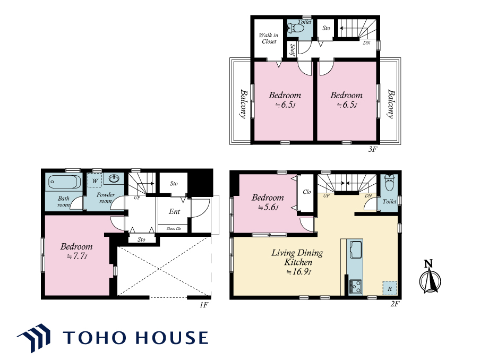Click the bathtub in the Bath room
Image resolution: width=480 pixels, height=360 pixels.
pyautogui.click(x=65, y=182)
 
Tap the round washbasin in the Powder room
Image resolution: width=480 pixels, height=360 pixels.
pyautogui.click(x=114, y=178)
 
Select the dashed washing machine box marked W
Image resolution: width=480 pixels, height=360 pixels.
pyautogui.click(x=95, y=181)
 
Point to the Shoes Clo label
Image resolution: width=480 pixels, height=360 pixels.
pyautogui.click(x=174, y=229)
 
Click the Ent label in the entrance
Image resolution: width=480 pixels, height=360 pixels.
pyautogui.click(x=174, y=211)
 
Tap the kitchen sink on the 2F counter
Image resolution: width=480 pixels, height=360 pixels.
pyautogui.click(x=356, y=250)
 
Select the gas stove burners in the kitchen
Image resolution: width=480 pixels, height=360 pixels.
pyautogui.click(x=355, y=287)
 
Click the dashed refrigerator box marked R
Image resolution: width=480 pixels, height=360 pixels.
pyautogui.click(x=390, y=288)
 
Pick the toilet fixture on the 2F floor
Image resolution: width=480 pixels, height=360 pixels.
pyautogui.click(x=390, y=183)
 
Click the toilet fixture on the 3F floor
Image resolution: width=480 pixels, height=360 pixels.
pyautogui.click(x=296, y=29)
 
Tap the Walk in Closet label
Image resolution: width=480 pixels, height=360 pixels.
pyautogui.click(x=269, y=38)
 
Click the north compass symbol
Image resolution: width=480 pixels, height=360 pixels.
pyautogui.click(x=430, y=277)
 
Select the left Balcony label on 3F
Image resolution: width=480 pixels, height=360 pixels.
pyautogui.click(x=243, y=104)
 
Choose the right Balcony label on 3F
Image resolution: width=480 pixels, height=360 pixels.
pyautogui.click(x=391, y=104)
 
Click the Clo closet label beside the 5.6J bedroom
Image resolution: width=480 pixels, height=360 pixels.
pyautogui.click(x=307, y=192)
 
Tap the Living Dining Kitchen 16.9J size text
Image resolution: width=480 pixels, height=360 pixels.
pyautogui.click(x=298, y=272)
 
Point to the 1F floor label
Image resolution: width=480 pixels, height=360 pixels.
pyautogui.click(x=204, y=305)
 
